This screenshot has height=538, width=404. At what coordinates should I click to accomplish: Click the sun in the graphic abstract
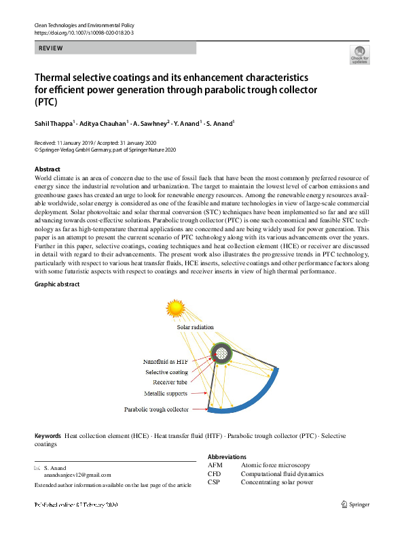[x=177, y=307]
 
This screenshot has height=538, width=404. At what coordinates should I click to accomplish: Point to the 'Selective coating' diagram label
[x=166, y=372]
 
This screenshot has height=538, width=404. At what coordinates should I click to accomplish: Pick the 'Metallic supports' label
[x=166, y=393]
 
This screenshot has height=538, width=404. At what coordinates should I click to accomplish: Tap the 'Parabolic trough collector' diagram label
[x=156, y=409]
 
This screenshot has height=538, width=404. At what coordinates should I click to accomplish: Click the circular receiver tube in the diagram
[x=220, y=352]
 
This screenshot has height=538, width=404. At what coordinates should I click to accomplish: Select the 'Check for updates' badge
[x=359, y=55]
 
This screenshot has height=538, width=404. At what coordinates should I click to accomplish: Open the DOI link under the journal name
[x=84, y=33]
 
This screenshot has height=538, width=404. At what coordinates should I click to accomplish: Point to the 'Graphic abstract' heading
[x=57, y=284]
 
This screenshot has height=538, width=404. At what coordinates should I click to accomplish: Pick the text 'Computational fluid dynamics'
[x=282, y=474]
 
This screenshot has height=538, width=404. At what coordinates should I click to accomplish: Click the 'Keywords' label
[x=48, y=435]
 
